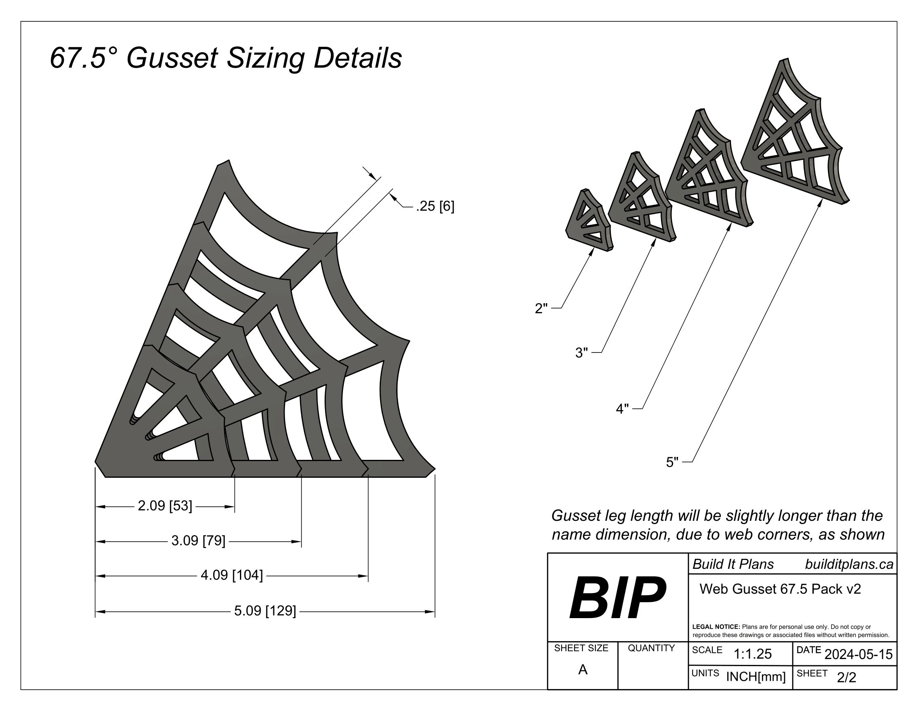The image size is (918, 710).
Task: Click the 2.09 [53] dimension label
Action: click(x=165, y=506)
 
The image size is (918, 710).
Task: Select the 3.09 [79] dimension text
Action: click(x=198, y=541)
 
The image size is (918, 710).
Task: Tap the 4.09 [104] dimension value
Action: click(x=232, y=576)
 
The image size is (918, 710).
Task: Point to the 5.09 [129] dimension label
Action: click(x=265, y=611)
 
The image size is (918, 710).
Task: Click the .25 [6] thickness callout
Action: click(x=435, y=206)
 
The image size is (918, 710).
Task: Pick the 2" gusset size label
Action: click(x=541, y=309)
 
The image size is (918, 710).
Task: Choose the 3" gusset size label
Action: click(x=581, y=353)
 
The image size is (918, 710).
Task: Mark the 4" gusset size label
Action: click(x=622, y=409)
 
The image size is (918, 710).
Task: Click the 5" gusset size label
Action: click(x=672, y=463)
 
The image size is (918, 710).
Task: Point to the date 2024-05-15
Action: click(x=858, y=654)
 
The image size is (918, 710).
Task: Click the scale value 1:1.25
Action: click(x=752, y=654)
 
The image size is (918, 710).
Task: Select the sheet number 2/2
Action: click(x=846, y=677)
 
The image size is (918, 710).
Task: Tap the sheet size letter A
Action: click(x=583, y=670)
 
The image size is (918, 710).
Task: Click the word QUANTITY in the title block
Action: click(x=651, y=648)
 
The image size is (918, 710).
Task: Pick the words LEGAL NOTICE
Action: click(x=716, y=627)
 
